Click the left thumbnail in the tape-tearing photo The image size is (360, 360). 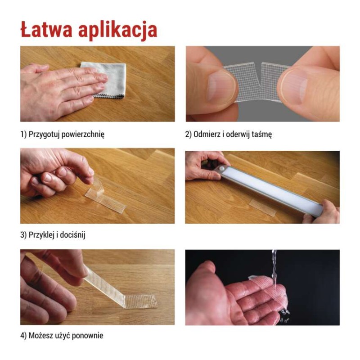221,85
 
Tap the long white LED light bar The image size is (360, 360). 270,187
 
